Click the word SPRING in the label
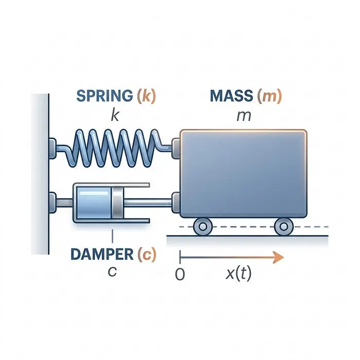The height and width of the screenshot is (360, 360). [105, 96]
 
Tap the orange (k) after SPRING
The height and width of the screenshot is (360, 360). [146, 96]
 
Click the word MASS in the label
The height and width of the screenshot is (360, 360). [231, 96]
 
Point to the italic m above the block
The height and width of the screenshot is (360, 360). [244, 116]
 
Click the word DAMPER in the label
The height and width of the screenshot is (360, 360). [102, 254]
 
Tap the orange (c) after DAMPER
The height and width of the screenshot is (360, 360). [147, 254]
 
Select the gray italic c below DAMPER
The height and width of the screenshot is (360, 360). [112, 272]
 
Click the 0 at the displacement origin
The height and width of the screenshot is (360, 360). [180, 274]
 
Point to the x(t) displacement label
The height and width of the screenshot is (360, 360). [239, 273]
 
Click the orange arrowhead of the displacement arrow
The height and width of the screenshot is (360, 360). [278, 257]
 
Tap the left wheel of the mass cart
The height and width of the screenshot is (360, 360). [203, 227]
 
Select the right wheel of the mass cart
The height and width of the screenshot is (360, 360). [284, 227]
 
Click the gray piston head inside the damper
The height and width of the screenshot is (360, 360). [118, 203]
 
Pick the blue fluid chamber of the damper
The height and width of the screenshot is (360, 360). [94, 203]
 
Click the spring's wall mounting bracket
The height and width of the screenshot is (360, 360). [52, 148]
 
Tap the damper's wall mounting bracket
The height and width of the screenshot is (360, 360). [52, 203]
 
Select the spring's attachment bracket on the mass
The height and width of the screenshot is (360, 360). [176, 148]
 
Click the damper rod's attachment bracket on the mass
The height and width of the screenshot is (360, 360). [176, 203]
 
